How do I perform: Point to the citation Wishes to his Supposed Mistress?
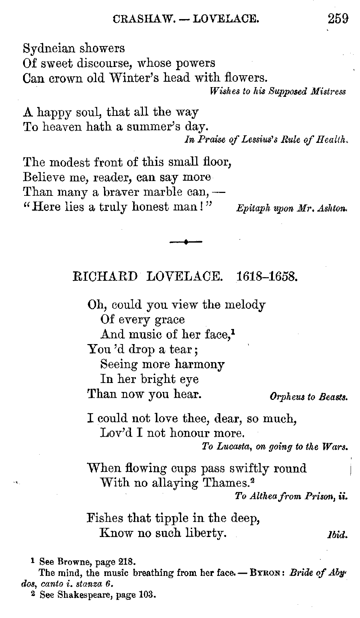pyautogui.click(x=277, y=91)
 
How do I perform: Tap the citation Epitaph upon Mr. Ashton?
pyautogui.click(x=292, y=209)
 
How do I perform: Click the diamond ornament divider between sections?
pyautogui.click(x=186, y=242)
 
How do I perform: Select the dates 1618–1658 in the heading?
pyautogui.click(x=266, y=276)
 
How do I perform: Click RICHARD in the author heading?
pyautogui.click(x=105, y=276)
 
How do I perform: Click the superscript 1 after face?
pyautogui.click(x=233, y=331)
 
